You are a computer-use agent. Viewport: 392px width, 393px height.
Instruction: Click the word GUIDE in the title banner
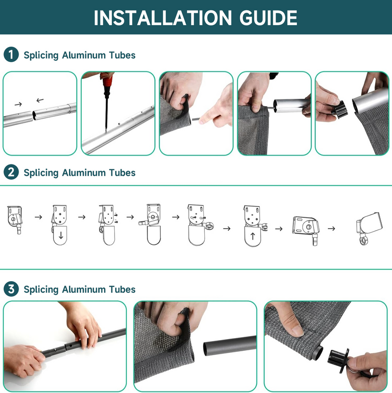coord(268,18)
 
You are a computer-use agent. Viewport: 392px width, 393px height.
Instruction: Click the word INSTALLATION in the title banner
coord(163,18)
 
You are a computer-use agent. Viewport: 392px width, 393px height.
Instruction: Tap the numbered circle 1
coord(11,54)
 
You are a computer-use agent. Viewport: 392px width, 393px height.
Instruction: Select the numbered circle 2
coord(11,172)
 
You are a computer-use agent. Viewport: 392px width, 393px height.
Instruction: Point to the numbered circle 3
coord(11,288)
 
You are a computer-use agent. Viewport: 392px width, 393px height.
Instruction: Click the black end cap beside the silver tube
coord(340,109)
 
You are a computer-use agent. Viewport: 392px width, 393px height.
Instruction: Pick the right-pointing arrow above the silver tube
coord(18,104)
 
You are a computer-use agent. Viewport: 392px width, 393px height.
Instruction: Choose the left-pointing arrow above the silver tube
coord(40,100)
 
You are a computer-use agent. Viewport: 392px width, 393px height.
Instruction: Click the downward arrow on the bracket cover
coord(61,236)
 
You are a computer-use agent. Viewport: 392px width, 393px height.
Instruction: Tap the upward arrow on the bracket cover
coord(252,236)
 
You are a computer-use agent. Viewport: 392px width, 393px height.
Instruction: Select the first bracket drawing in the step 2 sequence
coord(15,219)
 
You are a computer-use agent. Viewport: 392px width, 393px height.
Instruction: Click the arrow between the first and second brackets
coord(38,217)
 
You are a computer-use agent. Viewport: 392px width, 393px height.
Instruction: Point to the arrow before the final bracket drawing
coord(331,229)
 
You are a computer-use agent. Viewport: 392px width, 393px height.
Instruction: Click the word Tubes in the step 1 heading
coord(122,55)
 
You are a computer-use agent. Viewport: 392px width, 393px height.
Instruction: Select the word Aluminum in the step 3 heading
coord(84,289)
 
